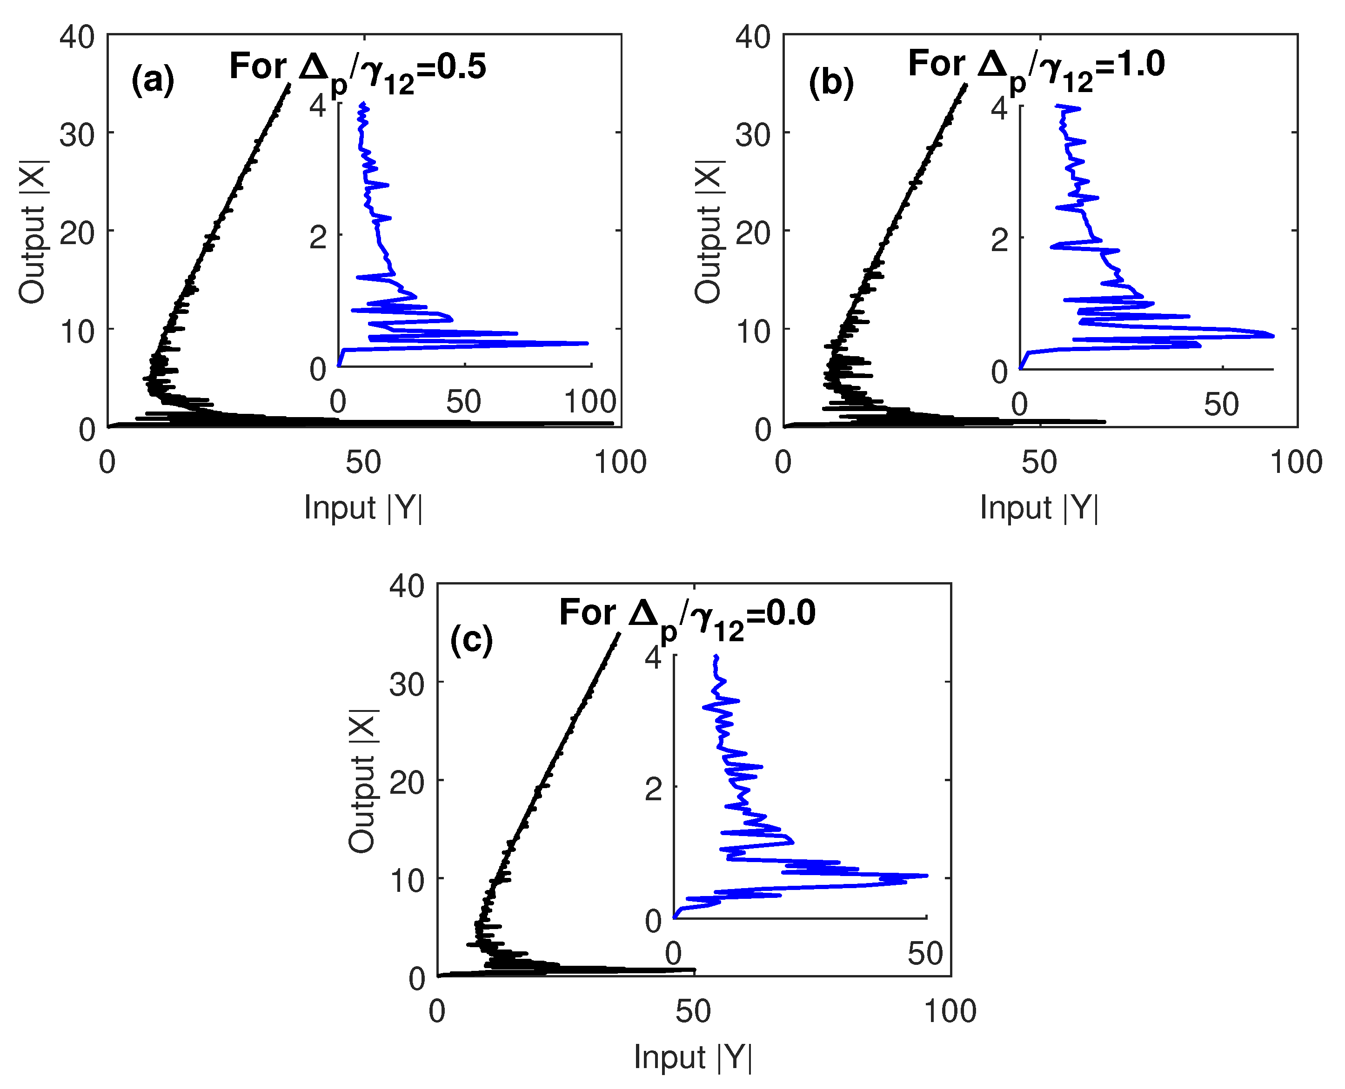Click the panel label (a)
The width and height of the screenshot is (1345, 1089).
[x=153, y=80]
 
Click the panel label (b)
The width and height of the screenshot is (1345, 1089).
[x=831, y=82]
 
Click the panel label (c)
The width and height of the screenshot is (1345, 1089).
[x=471, y=640]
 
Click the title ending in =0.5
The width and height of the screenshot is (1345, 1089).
[x=358, y=69]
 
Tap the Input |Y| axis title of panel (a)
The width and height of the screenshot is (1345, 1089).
[x=363, y=507]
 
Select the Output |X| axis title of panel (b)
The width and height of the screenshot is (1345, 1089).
[x=709, y=232]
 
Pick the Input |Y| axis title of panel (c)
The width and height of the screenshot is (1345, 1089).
[x=693, y=1057]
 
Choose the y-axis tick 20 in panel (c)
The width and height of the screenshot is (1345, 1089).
[x=407, y=782]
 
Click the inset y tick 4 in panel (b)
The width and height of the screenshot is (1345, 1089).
[x=999, y=108]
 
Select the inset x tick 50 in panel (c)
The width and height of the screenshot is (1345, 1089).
[x=925, y=954]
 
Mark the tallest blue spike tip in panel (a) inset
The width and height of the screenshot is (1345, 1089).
[x=588, y=343]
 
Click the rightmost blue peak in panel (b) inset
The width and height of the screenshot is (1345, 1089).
[x=1273, y=336]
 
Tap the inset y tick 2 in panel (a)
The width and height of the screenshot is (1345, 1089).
[x=318, y=238]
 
